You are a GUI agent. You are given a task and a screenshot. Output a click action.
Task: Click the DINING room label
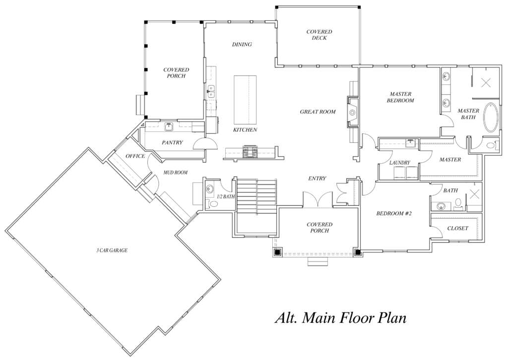tap(242, 44)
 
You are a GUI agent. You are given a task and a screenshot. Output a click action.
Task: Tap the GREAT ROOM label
tap(317, 112)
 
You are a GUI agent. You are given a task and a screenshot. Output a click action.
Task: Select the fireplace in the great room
tap(353, 113)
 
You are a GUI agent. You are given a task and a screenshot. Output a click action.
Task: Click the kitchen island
tap(245, 100)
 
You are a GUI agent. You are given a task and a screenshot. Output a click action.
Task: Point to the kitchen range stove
tap(250, 152)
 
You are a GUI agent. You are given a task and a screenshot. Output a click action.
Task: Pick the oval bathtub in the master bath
tap(491, 117)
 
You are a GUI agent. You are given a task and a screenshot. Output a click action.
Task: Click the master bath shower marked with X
tap(486, 82)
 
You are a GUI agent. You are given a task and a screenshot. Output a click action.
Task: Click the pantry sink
tap(169, 126)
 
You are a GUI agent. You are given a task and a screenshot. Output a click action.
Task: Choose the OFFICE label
tap(135, 156)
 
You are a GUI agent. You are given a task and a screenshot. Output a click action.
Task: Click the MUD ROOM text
tap(175, 173)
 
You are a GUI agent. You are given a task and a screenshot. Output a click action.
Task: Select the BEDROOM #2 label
tap(393, 213)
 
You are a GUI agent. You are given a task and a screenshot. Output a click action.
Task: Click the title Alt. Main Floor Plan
tap(340, 317)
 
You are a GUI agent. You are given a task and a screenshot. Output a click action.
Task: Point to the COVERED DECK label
tap(319, 35)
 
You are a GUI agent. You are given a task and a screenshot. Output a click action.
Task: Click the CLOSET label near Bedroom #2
tap(458, 228)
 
